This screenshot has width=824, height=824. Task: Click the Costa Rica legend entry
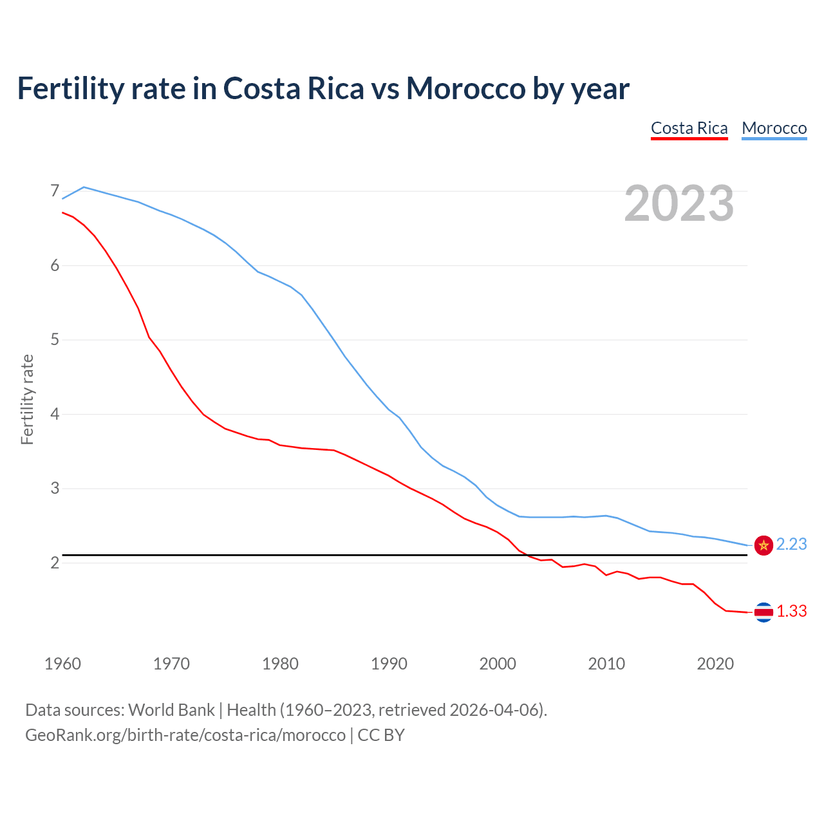[689, 128]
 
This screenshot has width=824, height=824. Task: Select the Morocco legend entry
[774, 128]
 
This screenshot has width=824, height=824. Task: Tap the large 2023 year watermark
[679, 203]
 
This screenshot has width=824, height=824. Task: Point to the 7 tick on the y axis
[55, 191]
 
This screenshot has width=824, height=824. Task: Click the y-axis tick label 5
[55, 339]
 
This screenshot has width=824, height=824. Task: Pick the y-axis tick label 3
[55, 488]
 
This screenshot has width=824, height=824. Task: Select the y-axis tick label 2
[55, 563]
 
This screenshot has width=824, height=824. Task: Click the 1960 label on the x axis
[62, 664]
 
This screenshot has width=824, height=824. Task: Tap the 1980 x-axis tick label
[280, 664]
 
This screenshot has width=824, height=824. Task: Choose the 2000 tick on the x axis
[498, 664]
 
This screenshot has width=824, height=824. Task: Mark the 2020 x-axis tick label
[715, 664]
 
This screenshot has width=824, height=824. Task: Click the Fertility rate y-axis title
[27, 399]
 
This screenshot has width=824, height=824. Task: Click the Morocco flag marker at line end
[763, 545]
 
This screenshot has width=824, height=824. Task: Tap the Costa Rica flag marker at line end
[763, 612]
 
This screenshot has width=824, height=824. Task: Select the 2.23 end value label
[791, 545]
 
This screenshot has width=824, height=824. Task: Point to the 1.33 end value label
[791, 612]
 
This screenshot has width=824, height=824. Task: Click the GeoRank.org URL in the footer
[185, 735]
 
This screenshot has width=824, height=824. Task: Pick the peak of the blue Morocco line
[84, 187]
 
